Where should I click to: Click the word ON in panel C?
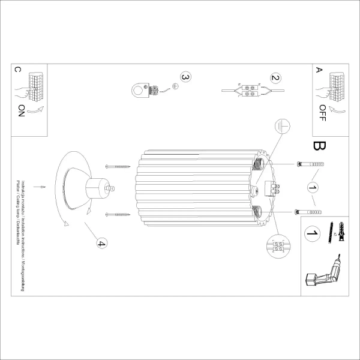pos(22,112)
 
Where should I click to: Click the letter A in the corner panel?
pos(319,70)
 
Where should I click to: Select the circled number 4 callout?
pos(101,243)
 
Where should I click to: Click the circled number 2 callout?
pos(275,77)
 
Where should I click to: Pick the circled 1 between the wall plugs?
pos(311,188)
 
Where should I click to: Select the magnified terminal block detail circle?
pos(278,247)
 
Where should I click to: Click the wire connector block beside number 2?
pos(247,90)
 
